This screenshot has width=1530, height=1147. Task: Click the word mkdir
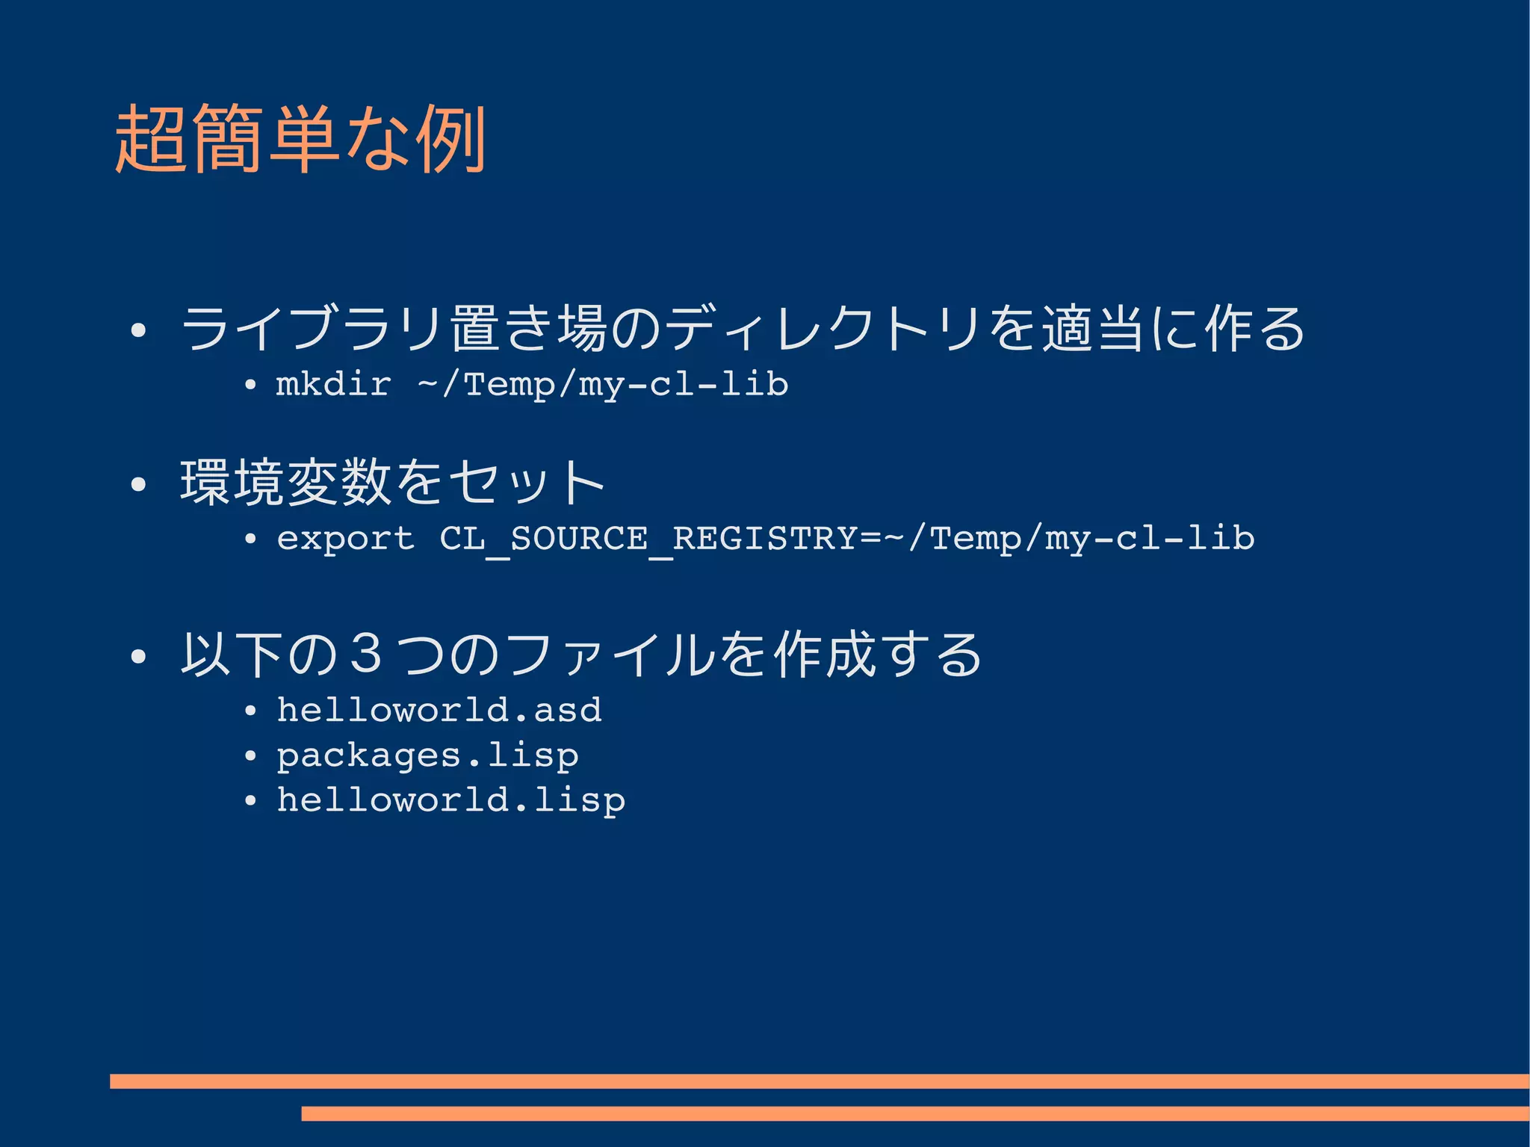333,384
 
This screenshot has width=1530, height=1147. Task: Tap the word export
345,538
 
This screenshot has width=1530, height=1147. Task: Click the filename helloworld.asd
439,710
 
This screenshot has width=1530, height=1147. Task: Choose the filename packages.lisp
427,756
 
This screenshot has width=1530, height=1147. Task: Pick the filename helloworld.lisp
451,800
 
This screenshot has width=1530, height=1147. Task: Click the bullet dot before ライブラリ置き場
137,330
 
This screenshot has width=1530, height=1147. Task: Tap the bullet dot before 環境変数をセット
137,484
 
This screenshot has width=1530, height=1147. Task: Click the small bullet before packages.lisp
250,756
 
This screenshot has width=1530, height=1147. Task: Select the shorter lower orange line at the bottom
914,1113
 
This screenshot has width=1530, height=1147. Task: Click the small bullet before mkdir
250,386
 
